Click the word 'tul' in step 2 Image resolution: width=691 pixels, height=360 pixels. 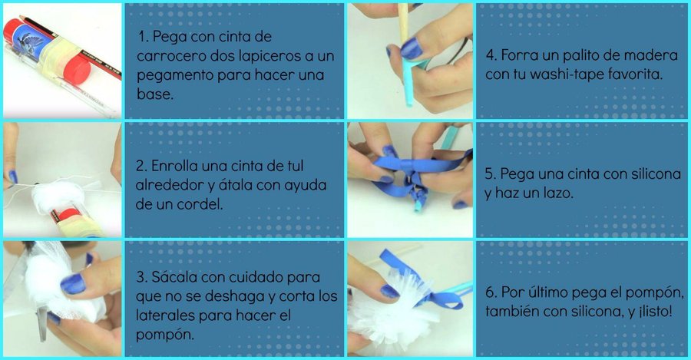[x=293, y=166]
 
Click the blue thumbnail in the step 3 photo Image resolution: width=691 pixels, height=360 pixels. [x=73, y=284]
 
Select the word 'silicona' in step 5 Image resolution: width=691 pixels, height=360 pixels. [x=656, y=173]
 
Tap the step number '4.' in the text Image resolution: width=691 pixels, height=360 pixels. [x=491, y=55]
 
